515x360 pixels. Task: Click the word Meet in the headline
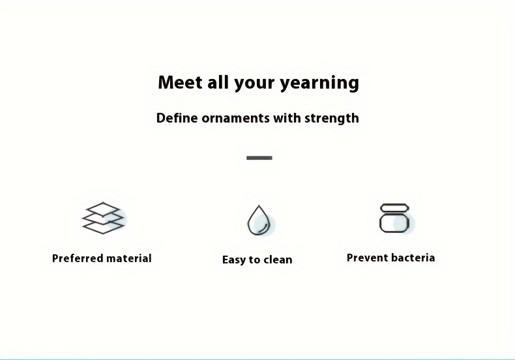[180, 82]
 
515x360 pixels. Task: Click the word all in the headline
[218, 82]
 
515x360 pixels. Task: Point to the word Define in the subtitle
[177, 118]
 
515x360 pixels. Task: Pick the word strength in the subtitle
[331, 119]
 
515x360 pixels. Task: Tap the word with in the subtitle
[287, 118]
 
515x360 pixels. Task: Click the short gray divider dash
[259, 158]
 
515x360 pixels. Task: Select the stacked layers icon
[103, 218]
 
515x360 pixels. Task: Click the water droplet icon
[259, 220]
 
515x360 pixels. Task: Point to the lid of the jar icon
[394, 207]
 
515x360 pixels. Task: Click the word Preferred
[78, 258]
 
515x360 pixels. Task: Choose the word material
[129, 258]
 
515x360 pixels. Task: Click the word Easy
[234, 260]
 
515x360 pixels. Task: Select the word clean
[278, 260]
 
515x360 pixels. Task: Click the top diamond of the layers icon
[103, 209]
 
